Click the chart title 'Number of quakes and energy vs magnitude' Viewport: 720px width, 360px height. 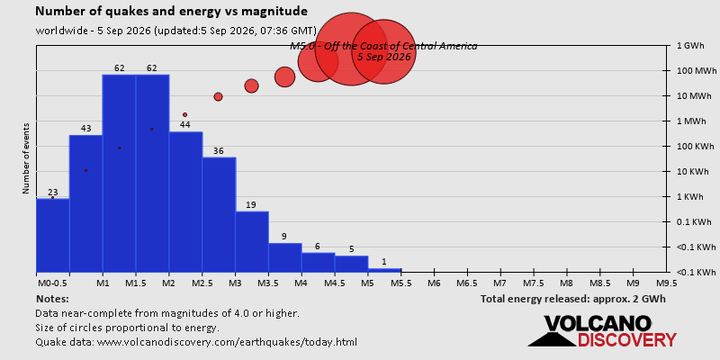tap(172, 12)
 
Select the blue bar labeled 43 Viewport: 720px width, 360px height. tap(85, 203)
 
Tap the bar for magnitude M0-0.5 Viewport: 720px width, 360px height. tap(53, 235)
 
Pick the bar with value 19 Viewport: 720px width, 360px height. tap(252, 241)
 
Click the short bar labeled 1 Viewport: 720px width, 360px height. tap(385, 270)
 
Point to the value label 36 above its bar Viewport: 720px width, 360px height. tap(219, 150)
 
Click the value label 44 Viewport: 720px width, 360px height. tap(185, 125)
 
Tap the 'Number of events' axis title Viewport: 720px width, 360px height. tap(26, 158)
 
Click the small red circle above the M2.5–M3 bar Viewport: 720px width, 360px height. tap(218, 96)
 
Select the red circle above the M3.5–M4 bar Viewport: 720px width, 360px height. tap(284, 76)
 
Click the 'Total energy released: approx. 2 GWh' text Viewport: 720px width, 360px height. tap(573, 299)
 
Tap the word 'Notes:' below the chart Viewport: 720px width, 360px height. tap(52, 299)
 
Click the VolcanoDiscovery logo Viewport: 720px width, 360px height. tap(602, 330)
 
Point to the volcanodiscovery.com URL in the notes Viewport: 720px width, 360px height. tap(228, 342)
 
